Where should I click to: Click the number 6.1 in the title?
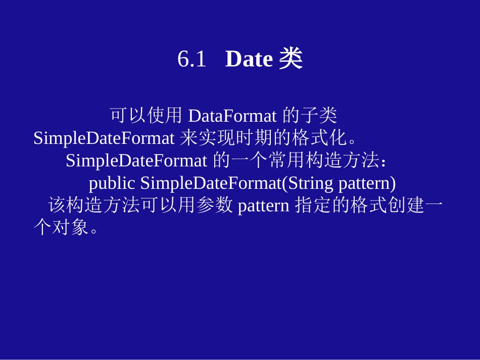click(191, 60)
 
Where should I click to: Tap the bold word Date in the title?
click(249, 60)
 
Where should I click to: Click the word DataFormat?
click(232, 116)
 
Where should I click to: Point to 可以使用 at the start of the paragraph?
click(146, 116)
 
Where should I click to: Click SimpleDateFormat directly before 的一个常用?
click(136, 161)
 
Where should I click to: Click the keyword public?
click(112, 183)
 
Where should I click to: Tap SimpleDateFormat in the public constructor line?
click(210, 183)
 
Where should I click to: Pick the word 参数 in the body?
click(215, 206)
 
